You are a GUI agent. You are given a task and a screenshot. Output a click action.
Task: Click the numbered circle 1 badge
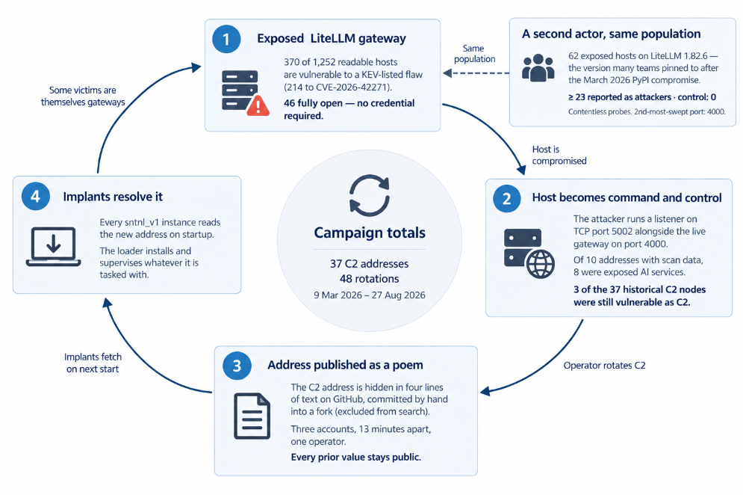pyautogui.click(x=226, y=38)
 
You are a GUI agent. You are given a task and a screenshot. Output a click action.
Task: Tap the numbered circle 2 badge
pyautogui.click(x=506, y=198)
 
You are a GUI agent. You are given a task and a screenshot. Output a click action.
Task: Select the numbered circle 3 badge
pyautogui.click(x=237, y=366)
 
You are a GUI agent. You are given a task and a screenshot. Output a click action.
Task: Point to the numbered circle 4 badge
pyautogui.click(x=36, y=196)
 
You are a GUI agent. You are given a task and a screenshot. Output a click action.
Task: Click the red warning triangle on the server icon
pyautogui.click(x=258, y=105)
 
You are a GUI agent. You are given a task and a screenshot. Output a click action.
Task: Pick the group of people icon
pyautogui.click(x=538, y=68)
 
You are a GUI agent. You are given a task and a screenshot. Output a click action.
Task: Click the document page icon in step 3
pyautogui.click(x=252, y=416)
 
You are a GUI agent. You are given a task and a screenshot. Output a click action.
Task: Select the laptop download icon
pyautogui.click(x=54, y=246)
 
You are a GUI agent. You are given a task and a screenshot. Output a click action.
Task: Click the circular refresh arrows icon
pyautogui.click(x=370, y=195)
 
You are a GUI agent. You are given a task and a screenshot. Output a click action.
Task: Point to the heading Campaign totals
pyautogui.click(x=370, y=233)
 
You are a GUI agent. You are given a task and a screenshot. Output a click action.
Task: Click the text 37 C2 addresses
pyautogui.click(x=369, y=263)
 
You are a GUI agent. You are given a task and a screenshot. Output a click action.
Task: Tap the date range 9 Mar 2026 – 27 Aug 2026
pyautogui.click(x=370, y=295)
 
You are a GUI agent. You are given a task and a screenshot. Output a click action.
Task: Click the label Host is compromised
pyautogui.click(x=559, y=156)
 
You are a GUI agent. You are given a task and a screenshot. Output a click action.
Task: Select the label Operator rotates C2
pyautogui.click(x=604, y=366)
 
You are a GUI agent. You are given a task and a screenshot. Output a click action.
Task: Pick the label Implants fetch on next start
pyautogui.click(x=93, y=363)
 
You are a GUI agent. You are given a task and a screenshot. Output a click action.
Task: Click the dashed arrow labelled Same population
pyautogui.click(x=476, y=73)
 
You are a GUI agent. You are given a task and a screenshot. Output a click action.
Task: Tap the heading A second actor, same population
pyautogui.click(x=612, y=34)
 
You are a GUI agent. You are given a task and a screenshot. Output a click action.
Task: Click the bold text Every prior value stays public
pyautogui.click(x=356, y=457)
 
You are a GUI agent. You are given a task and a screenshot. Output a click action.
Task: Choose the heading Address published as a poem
pyautogui.click(x=345, y=365)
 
